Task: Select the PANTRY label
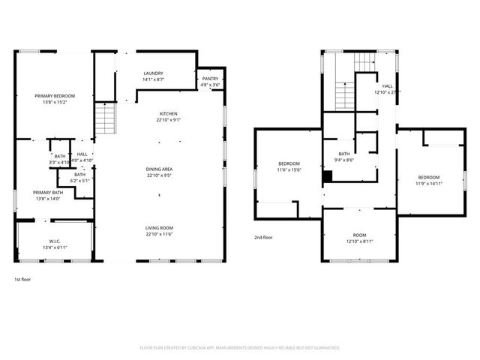(x=210, y=79)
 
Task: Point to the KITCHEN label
(x=168, y=114)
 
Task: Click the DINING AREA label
(x=159, y=169)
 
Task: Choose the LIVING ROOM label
(x=159, y=228)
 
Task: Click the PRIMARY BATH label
(x=47, y=193)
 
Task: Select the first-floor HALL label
(x=82, y=154)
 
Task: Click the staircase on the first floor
(x=104, y=118)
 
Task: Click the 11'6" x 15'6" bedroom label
(x=289, y=164)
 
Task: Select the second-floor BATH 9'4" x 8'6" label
(x=344, y=154)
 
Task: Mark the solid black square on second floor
(x=327, y=176)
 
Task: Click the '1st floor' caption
(x=22, y=279)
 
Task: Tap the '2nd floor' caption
(x=263, y=238)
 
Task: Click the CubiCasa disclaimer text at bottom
(x=240, y=348)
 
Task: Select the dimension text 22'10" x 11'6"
(x=159, y=234)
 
